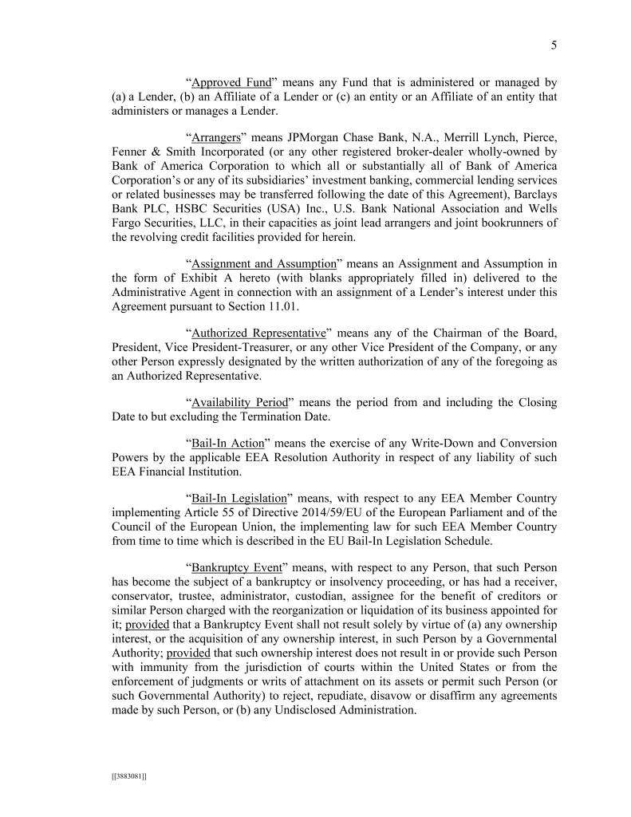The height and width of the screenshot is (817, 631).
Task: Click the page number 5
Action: pyautogui.click(x=554, y=45)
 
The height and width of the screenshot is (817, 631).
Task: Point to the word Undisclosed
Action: pyautogui.click(x=317, y=708)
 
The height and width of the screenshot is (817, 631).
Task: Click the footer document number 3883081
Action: pyautogui.click(x=128, y=775)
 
